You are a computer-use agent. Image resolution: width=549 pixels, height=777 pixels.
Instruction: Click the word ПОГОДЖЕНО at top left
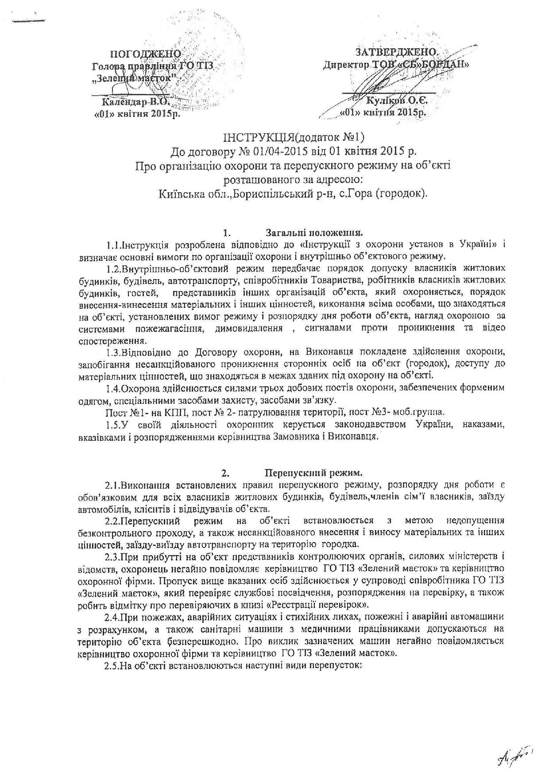pos(146,54)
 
